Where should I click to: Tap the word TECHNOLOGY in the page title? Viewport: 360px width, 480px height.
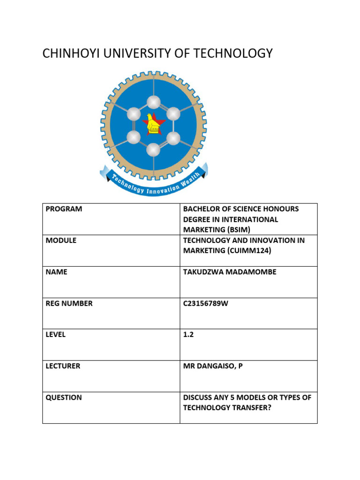click(234, 53)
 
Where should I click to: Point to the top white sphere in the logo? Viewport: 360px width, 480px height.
click(153, 102)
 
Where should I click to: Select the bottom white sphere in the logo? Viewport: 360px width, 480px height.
click(153, 150)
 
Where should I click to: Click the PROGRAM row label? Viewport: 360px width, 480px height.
click(64, 209)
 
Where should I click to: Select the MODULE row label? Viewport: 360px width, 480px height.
click(61, 240)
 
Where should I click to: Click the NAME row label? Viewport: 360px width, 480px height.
click(56, 272)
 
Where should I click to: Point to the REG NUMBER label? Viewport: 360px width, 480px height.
click(69, 303)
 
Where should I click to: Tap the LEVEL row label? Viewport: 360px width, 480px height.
click(56, 335)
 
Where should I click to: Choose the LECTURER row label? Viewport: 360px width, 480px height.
click(63, 366)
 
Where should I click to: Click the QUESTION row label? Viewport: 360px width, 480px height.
click(64, 397)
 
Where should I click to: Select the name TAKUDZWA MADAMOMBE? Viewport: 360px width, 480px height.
click(229, 272)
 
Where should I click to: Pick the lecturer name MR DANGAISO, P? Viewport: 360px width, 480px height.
click(213, 366)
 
